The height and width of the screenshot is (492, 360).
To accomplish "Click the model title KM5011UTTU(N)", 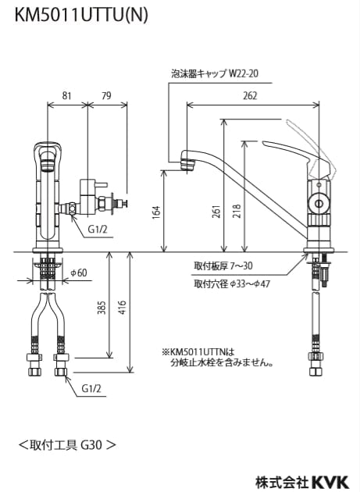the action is (81, 15).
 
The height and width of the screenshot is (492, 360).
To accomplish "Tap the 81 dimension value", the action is (66, 95).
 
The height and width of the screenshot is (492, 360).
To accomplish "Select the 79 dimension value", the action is (107, 95).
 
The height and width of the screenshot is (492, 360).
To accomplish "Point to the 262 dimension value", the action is (250, 95).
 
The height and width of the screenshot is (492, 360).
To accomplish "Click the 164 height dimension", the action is (157, 212).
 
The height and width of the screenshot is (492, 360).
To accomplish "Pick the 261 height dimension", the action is (217, 211).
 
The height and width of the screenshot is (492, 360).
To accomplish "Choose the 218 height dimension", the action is (237, 211).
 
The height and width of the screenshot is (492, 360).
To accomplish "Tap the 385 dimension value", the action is (102, 308).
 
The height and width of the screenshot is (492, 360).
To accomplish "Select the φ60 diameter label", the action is (78, 273).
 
